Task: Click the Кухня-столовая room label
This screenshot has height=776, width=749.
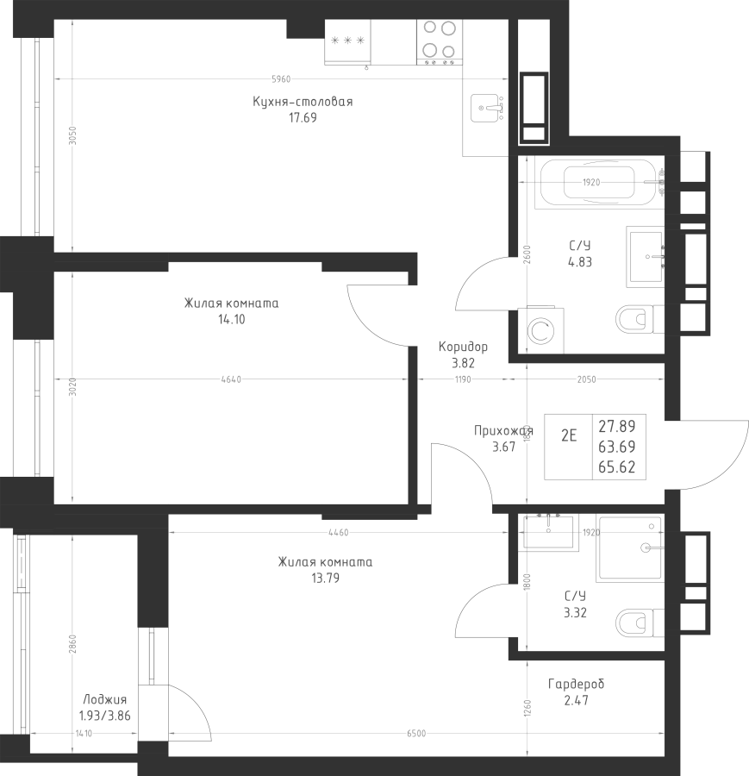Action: click(303, 102)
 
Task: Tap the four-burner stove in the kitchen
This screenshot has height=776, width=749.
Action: click(440, 42)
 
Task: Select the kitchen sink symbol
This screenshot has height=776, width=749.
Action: click(487, 108)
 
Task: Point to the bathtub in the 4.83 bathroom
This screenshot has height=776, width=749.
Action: click(600, 182)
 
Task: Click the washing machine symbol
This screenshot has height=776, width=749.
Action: click(541, 330)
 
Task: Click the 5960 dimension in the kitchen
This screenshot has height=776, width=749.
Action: click(281, 79)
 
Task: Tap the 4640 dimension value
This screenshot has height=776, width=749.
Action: click(231, 379)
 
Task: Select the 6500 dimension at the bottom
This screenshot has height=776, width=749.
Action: click(416, 734)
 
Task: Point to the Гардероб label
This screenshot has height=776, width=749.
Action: click(577, 684)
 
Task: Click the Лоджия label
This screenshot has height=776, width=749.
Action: click(104, 699)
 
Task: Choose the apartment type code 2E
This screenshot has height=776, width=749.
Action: click(569, 435)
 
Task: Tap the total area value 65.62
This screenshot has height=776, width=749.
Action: click(617, 467)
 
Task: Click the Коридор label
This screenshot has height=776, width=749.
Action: click(463, 347)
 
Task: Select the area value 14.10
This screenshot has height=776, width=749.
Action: click(232, 319)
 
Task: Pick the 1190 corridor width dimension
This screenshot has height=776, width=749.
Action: click(463, 379)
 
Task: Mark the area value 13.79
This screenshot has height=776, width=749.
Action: click(326, 578)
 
